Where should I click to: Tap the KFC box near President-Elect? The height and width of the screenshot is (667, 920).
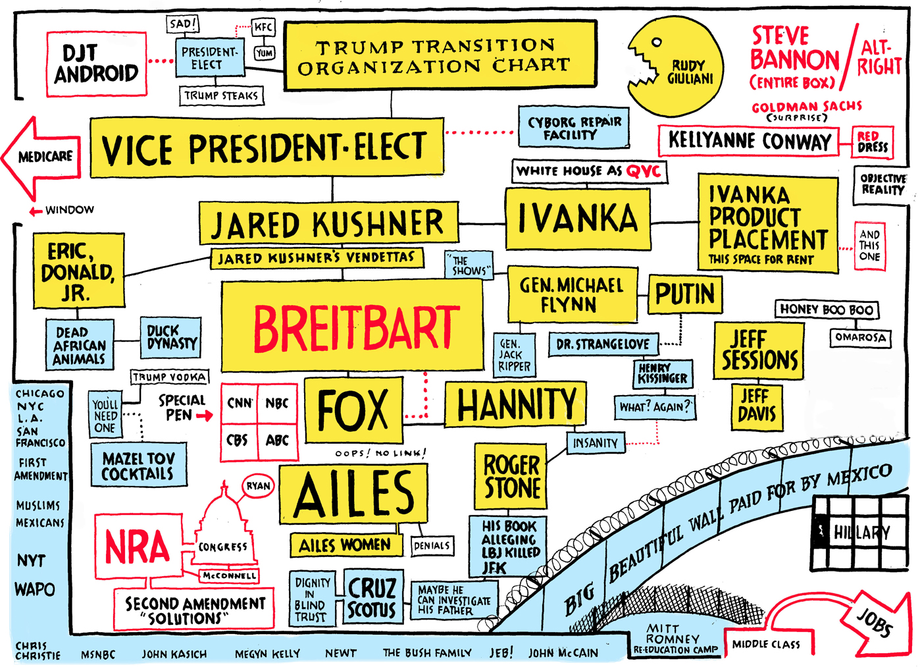point(264,28)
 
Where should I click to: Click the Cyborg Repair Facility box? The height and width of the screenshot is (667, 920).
point(574,127)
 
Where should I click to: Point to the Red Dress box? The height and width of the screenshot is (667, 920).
point(873,142)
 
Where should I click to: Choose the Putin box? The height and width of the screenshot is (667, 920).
point(684,294)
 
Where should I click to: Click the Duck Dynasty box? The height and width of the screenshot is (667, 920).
point(171,337)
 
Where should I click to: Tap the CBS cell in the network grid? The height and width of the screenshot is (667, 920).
point(239,440)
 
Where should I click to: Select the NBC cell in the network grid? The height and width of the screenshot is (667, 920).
point(277,403)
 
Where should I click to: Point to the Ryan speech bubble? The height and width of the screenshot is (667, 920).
point(258,486)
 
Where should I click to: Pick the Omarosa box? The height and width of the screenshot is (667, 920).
point(860,337)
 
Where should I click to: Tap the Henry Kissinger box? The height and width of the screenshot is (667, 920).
point(663,373)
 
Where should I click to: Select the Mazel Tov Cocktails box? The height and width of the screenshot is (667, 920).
point(138,465)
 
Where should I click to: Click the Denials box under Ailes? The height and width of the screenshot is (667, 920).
point(432,545)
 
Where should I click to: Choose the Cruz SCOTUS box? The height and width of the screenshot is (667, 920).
point(372,597)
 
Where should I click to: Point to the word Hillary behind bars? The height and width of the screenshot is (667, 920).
point(861,532)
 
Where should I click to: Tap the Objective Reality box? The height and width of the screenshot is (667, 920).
point(882,184)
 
